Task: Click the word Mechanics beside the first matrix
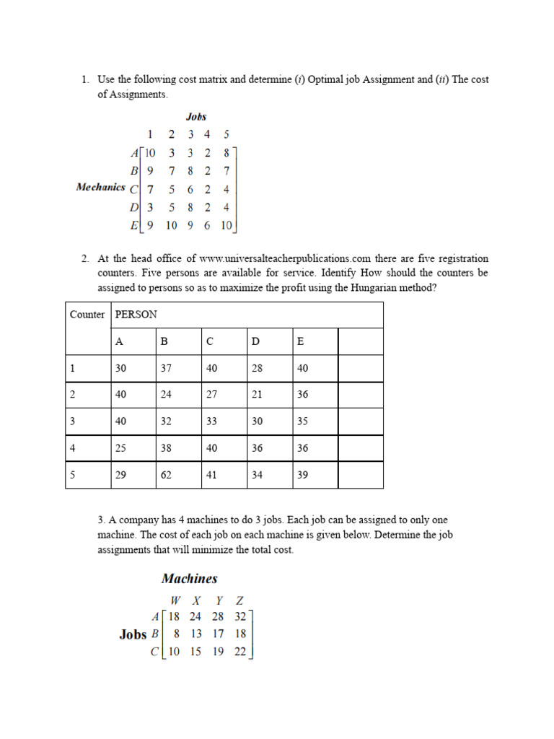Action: [100, 187]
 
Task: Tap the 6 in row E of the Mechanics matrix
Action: [207, 225]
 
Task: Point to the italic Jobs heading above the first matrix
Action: [196, 116]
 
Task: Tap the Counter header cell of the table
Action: [87, 315]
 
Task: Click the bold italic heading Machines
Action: [189, 579]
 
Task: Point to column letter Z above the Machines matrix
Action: [240, 600]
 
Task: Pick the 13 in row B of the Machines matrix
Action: [195, 634]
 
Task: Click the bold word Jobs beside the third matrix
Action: [133, 634]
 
